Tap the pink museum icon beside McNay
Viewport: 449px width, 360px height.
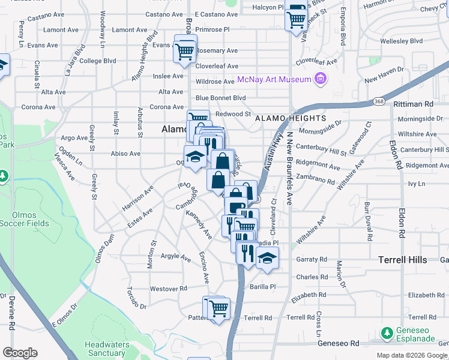(x=321, y=79)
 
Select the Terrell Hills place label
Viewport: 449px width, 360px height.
(x=403, y=259)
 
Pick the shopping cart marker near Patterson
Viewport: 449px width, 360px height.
(x=218, y=308)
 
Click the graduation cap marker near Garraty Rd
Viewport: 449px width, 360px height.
(x=267, y=258)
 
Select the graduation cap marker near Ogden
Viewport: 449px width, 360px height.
(x=195, y=157)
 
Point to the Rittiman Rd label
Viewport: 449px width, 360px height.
(x=413, y=104)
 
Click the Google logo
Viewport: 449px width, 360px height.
(x=20, y=353)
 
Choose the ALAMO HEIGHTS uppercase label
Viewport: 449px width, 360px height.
(x=291, y=119)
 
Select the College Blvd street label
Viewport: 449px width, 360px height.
(x=97, y=61)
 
